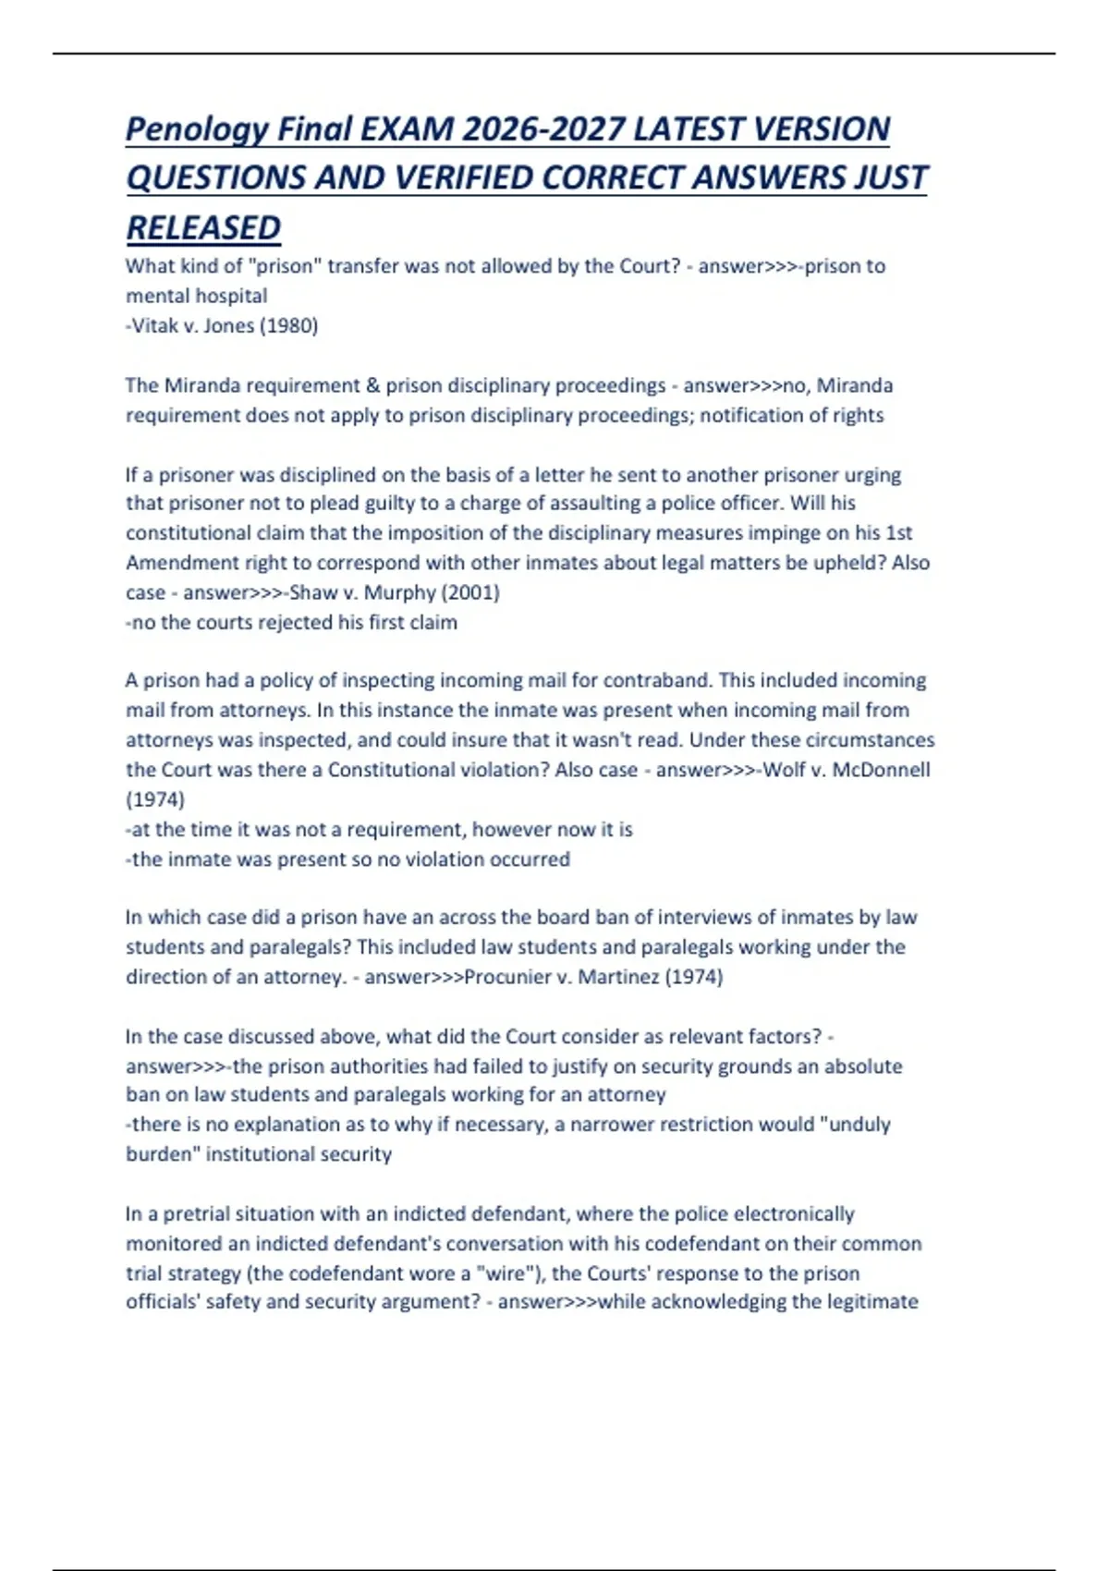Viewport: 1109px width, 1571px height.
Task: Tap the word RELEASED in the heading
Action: point(203,228)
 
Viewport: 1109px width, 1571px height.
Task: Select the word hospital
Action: point(231,297)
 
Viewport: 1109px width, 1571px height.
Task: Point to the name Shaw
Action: point(312,592)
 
